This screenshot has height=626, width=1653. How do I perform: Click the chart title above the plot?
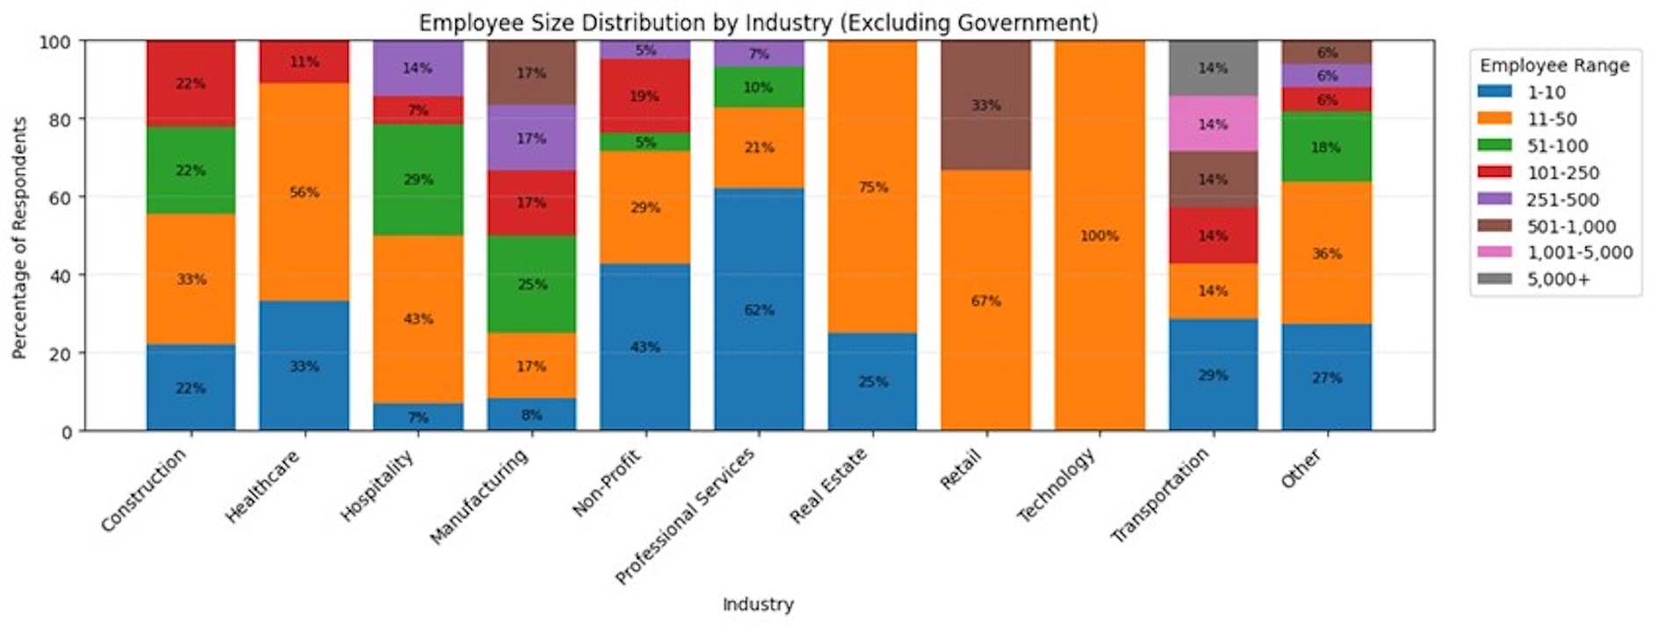[758, 22]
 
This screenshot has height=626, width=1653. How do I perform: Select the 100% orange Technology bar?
[1099, 236]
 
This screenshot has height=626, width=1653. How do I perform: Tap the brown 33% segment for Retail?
[986, 106]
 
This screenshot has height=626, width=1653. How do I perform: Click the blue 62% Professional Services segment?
[759, 309]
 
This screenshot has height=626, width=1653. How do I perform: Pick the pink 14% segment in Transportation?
[1212, 124]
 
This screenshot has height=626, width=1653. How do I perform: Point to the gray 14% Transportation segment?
[1212, 68]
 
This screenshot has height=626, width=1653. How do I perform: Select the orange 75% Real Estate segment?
[872, 186]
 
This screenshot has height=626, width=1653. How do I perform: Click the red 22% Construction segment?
[191, 84]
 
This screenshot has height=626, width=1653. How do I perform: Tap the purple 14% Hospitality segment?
[418, 68]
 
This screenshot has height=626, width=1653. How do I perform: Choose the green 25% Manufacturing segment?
[531, 284]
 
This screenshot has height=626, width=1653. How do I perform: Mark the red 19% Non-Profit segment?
[644, 96]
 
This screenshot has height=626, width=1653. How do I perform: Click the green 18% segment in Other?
[1326, 147]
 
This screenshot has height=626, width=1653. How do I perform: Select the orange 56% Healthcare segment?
[304, 192]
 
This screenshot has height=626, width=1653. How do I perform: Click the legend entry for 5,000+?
[1558, 280]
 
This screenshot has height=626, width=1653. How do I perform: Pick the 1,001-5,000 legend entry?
[1578, 252]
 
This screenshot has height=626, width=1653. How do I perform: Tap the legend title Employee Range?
[1555, 65]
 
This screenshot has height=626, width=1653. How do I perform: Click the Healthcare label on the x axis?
[263, 486]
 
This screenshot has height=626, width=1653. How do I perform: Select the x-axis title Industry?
[758, 604]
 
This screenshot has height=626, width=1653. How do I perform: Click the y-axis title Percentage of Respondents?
[19, 237]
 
